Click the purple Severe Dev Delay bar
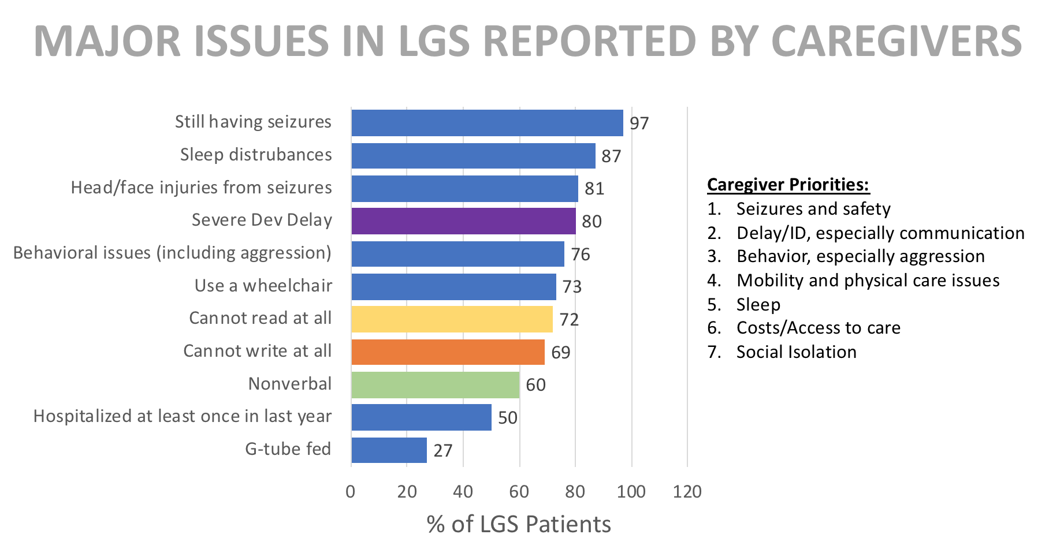coord(463,221)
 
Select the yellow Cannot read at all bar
coord(452,319)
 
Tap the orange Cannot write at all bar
coord(448,352)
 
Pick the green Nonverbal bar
coord(435,385)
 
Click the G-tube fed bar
coord(389,450)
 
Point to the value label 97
coord(639,124)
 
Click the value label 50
coord(508,418)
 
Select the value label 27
coord(443,451)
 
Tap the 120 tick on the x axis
coord(687,492)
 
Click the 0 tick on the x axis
coord(351,492)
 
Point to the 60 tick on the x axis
coord(519,492)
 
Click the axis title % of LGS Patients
coord(519,524)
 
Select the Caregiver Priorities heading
coord(788,185)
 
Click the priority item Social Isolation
coord(796,352)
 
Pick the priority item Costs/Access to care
coord(818,328)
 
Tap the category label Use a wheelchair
coord(263,286)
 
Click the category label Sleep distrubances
coord(256,155)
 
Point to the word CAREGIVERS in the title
coord(896,42)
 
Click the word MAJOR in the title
coord(107,42)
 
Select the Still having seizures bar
coord(487,123)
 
